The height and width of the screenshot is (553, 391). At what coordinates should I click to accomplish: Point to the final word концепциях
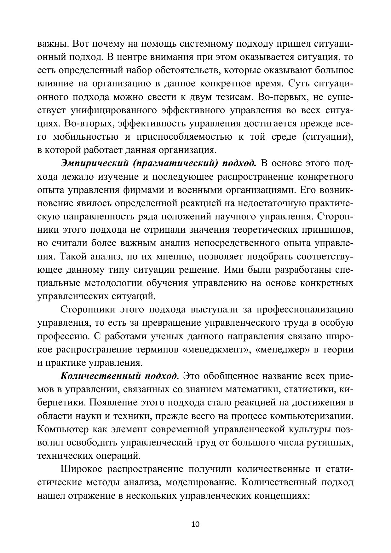point(280,496)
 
